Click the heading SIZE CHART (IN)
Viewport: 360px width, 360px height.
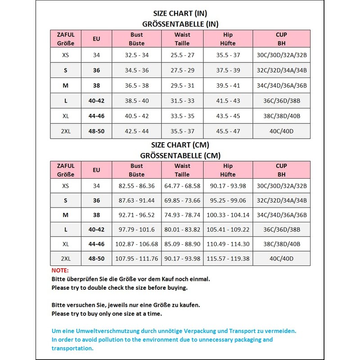pyautogui.click(x=180, y=13)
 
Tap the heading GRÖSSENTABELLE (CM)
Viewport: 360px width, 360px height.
pyautogui.click(x=180, y=155)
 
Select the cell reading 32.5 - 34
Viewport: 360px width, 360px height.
pyautogui.click(x=136, y=55)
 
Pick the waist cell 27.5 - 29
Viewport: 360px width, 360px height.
pyautogui.click(x=182, y=71)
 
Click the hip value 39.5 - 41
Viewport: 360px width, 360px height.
pyautogui.click(x=228, y=85)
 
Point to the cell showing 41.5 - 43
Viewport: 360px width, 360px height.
pyautogui.click(x=228, y=101)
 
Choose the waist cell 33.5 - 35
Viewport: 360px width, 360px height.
pyautogui.click(x=182, y=116)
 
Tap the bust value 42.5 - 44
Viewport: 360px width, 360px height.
pyautogui.click(x=136, y=131)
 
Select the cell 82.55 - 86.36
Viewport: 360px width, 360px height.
pyautogui.click(x=136, y=186)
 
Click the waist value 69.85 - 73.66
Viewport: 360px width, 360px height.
pyautogui.click(x=182, y=201)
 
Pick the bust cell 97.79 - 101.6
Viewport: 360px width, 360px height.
pyautogui.click(x=136, y=229)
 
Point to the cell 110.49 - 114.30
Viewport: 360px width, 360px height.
pyautogui.click(x=228, y=244)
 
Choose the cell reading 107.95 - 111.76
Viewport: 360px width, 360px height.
pyautogui.click(x=136, y=259)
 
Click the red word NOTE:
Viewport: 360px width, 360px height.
pyautogui.click(x=60, y=270)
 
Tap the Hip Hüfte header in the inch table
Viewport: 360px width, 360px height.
pyautogui.click(x=228, y=39)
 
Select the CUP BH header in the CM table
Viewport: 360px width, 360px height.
pyautogui.click(x=282, y=170)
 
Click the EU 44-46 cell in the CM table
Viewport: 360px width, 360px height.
pyautogui.click(x=96, y=244)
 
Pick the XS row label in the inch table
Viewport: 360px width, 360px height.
pyautogui.click(x=66, y=55)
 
